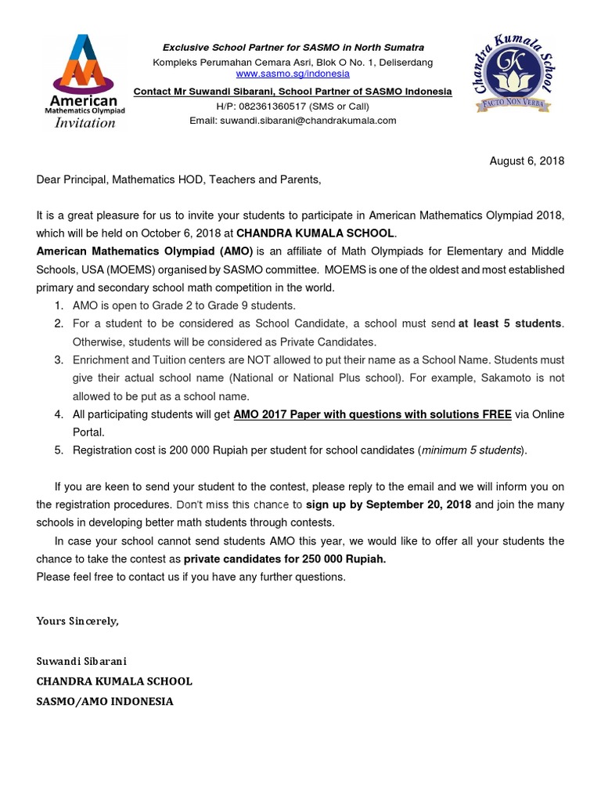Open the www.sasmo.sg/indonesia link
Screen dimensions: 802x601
(x=293, y=74)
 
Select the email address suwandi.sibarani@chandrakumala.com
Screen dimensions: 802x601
(x=308, y=121)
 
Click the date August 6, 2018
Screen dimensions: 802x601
(x=527, y=161)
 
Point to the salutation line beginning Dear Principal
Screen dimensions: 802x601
(x=178, y=180)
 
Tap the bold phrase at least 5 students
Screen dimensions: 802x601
(x=510, y=323)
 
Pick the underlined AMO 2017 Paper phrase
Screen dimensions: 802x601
(x=372, y=414)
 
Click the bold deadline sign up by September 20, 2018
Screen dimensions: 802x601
(x=388, y=504)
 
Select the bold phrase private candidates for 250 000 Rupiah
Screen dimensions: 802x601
(x=285, y=559)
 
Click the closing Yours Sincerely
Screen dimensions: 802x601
(x=77, y=621)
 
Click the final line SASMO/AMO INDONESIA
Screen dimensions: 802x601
(x=105, y=702)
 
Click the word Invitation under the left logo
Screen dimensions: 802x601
(x=84, y=123)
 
